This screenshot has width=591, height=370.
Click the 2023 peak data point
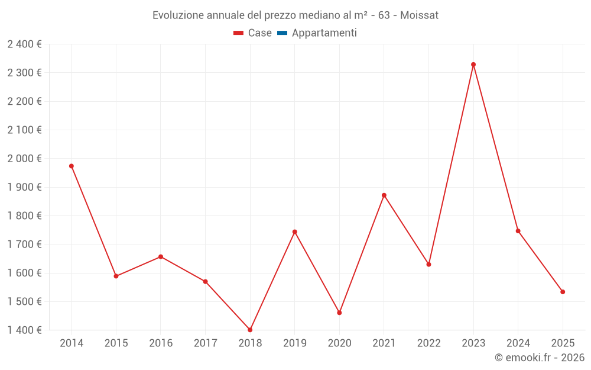[473, 65]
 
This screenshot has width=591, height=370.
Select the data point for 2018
[250, 330]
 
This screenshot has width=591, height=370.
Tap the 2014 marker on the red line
[72, 166]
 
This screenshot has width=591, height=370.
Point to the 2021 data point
[384, 195]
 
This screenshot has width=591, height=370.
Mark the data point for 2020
[339, 313]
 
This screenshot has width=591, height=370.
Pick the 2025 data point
[563, 292]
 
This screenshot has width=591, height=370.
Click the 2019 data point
[295, 232]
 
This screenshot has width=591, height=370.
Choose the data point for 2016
[161, 257]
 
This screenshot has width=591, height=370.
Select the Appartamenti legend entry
[324, 33]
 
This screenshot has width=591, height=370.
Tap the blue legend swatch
[282, 33]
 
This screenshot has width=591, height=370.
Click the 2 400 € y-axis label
[25, 44]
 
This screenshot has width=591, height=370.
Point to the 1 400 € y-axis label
[25, 330]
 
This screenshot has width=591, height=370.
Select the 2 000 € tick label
[25, 159]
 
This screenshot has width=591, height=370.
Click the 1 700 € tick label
[25, 244]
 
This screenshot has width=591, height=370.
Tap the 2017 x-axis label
[205, 343]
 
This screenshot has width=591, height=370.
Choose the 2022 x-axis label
[428, 343]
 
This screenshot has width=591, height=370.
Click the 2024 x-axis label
[518, 343]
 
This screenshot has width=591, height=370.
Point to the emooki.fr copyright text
[540, 358]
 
